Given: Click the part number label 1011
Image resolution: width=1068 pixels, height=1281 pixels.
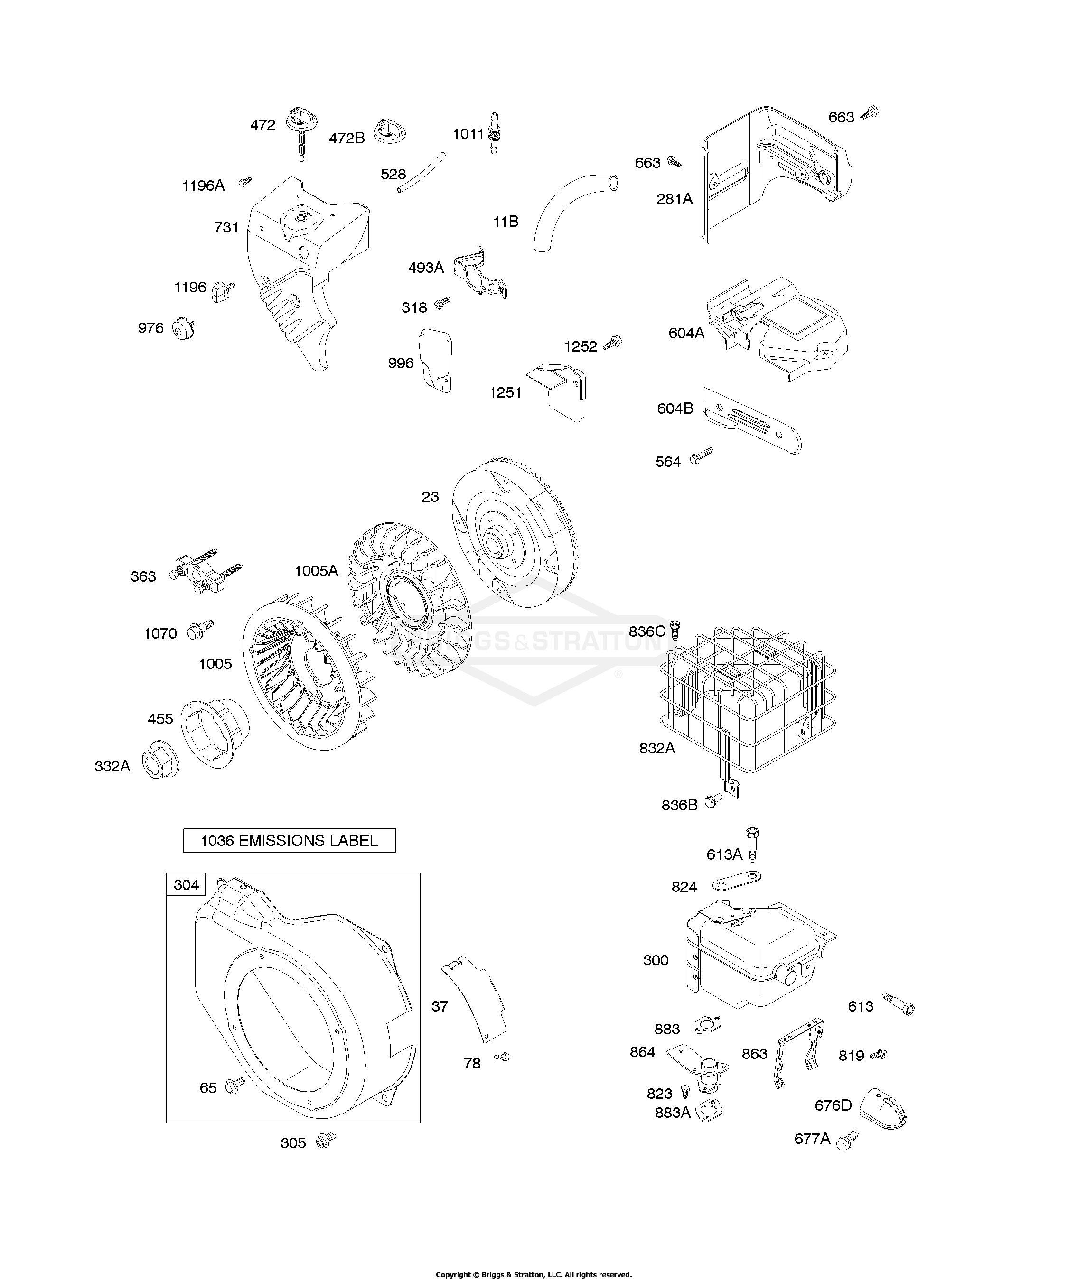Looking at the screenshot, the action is click(x=468, y=134).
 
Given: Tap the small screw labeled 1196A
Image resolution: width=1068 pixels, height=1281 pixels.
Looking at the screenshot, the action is click(x=245, y=181).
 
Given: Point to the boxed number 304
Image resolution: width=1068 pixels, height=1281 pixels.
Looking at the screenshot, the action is click(x=186, y=884).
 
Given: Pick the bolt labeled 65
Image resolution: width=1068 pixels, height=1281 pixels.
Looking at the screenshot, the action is click(x=235, y=1085).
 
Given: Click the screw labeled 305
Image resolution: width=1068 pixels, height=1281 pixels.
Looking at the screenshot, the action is click(x=327, y=1139).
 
